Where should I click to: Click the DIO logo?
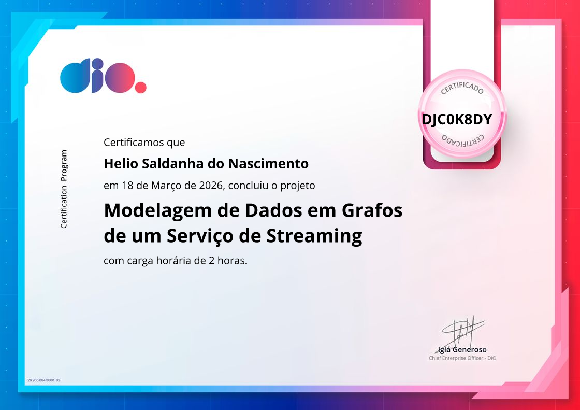tap(103, 78)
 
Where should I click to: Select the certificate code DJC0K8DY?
tap(456, 119)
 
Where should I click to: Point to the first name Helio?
tap(117, 164)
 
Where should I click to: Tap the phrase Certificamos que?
tap(144, 142)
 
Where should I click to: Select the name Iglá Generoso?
tap(462, 349)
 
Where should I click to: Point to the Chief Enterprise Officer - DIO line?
tap(462, 358)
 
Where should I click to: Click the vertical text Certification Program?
tap(64, 189)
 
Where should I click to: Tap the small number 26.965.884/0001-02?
tap(44, 380)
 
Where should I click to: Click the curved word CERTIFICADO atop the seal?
tap(462, 88)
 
